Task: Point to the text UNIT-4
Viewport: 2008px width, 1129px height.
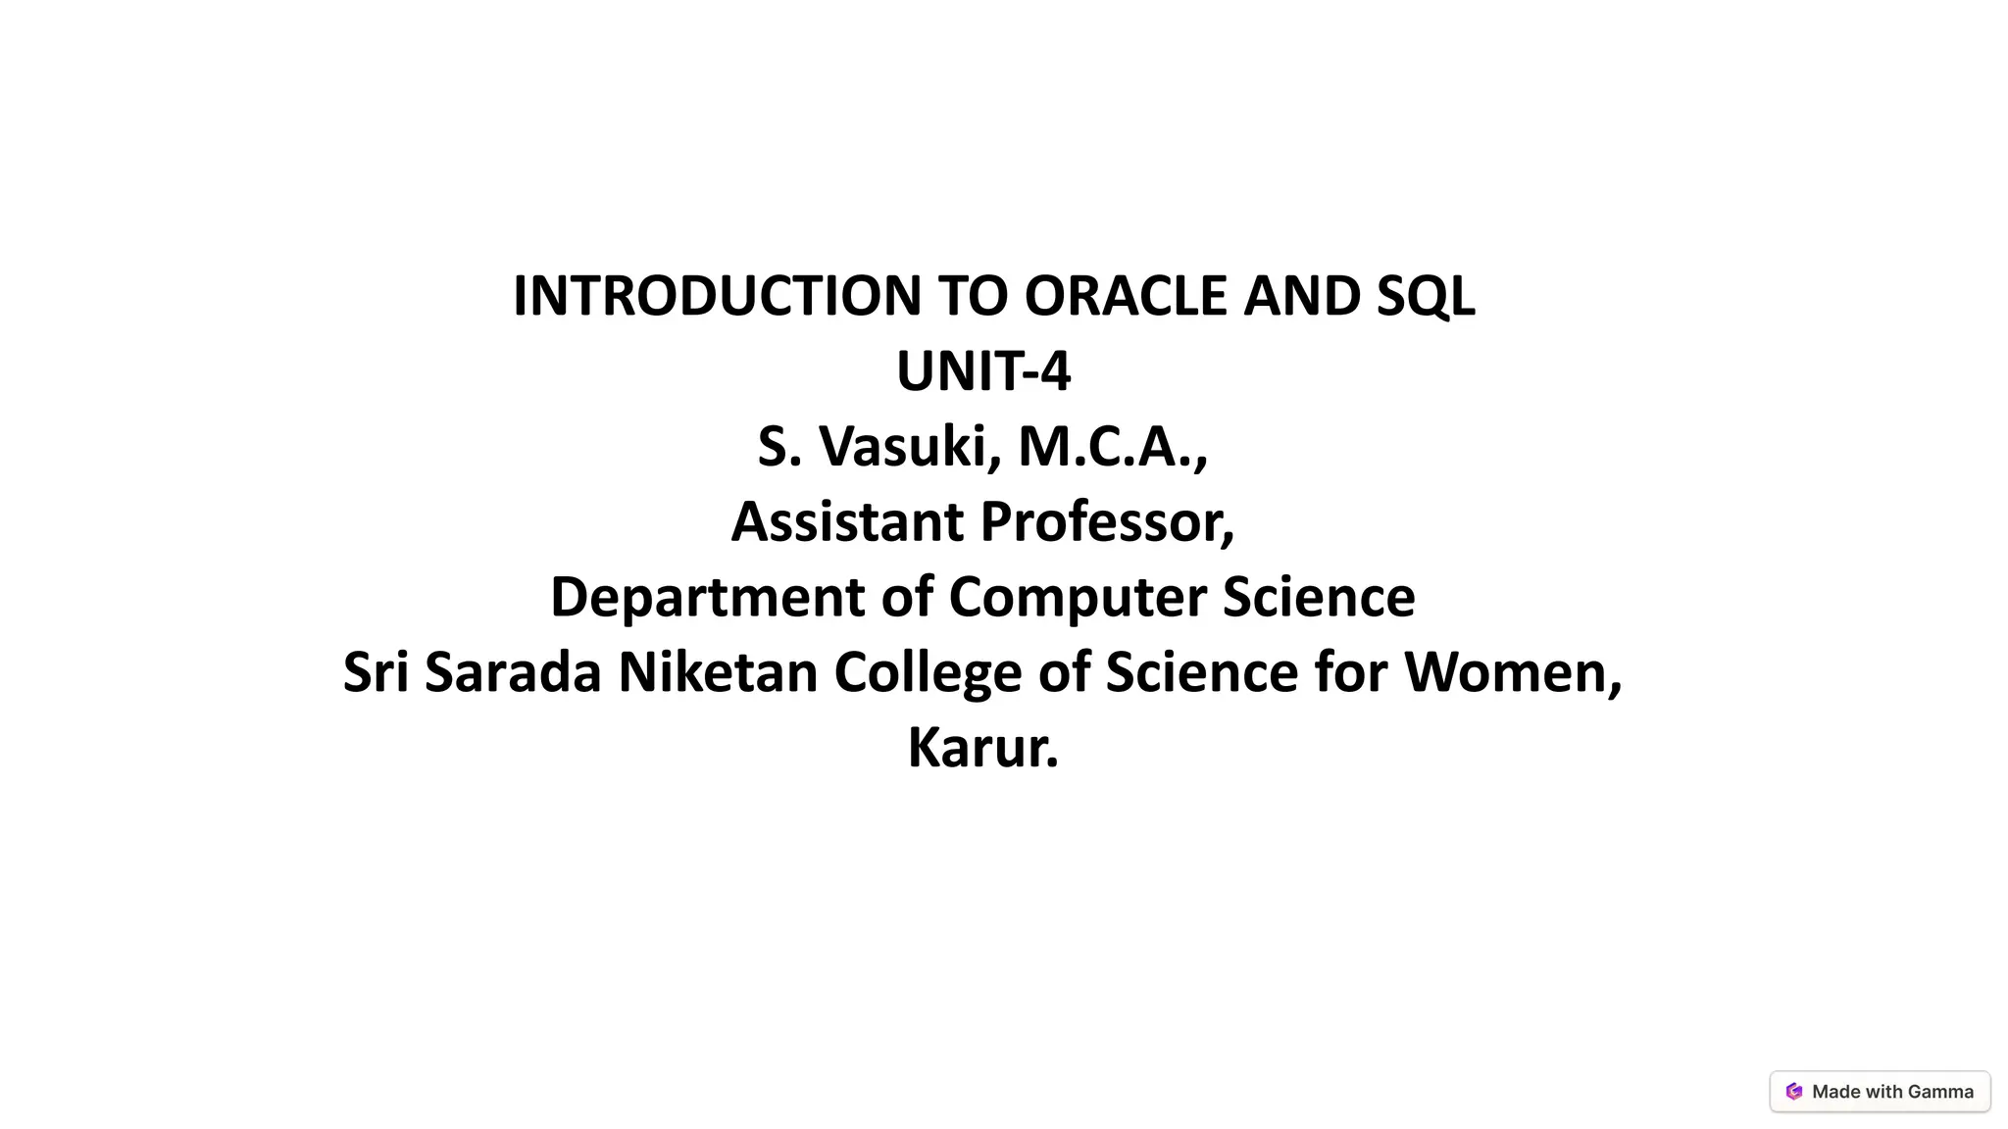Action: pos(983,372)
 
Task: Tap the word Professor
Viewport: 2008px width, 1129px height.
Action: pos(1108,521)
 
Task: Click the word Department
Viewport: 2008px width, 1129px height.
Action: pos(707,598)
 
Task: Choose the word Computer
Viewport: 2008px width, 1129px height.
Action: pos(1077,598)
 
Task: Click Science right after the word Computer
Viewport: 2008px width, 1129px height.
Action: pos(1319,598)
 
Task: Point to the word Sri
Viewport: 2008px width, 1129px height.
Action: pos(376,673)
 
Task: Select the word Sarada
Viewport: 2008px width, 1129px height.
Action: pos(512,673)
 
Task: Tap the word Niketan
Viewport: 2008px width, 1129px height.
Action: pos(718,673)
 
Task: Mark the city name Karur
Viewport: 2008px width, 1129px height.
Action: pos(981,749)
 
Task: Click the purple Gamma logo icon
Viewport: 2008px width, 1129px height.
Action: pos(1794,1092)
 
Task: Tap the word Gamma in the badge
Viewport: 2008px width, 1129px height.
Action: pos(1941,1092)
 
